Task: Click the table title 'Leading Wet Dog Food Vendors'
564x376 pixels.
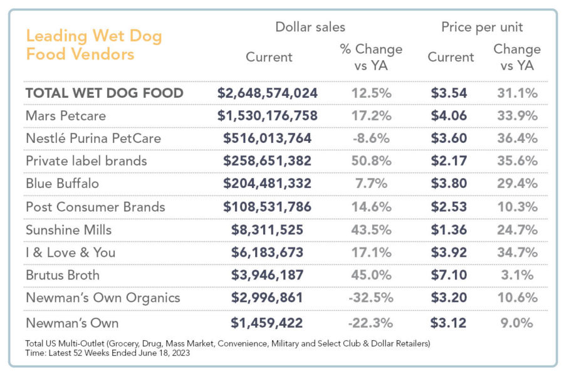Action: point(94,45)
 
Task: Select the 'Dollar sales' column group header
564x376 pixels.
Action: point(310,27)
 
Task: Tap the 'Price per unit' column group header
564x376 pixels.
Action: point(482,27)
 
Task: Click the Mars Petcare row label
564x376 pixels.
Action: point(66,115)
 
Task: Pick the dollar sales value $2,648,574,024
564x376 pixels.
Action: point(268,93)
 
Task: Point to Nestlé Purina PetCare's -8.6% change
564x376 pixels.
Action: point(370,138)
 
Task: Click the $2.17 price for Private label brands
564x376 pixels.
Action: point(449,161)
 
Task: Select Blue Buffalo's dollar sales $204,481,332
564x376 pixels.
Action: point(268,184)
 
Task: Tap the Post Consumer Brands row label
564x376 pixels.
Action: point(95,207)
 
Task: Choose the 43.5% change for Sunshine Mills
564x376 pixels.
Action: point(370,229)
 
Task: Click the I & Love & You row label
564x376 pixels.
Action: point(70,253)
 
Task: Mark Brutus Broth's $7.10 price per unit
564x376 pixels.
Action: point(449,275)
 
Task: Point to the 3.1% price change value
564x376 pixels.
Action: point(517,275)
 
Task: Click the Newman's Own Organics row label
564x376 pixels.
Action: point(103,298)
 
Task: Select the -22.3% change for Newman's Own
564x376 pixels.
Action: point(370,323)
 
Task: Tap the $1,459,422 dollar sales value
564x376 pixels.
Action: point(268,323)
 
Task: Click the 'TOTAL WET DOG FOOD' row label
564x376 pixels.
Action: point(104,93)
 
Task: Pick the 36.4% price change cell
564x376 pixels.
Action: point(517,138)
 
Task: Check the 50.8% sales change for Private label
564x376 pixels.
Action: point(370,161)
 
